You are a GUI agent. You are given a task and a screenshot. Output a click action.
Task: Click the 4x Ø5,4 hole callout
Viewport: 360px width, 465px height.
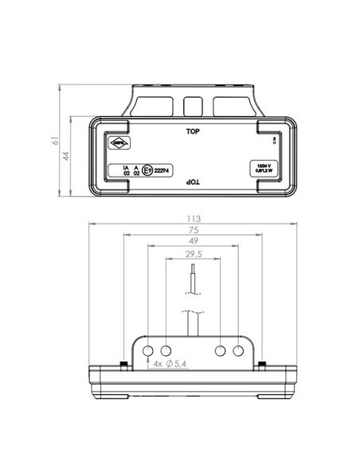170,365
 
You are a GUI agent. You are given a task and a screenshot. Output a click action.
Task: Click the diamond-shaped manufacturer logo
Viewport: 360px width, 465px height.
119,143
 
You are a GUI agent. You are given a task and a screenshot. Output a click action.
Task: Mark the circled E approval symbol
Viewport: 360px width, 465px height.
145,169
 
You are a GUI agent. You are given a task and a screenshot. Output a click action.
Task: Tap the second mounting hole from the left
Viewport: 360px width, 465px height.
166,350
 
